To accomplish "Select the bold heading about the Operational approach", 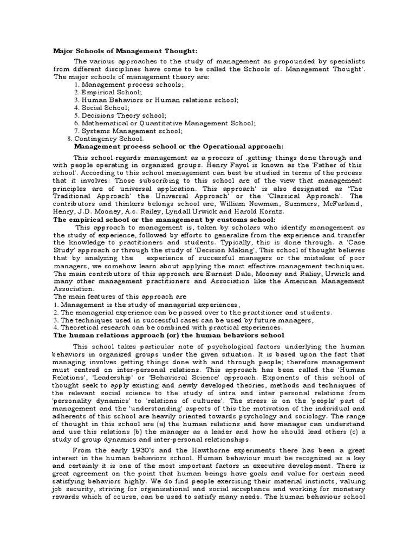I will tap(178, 146).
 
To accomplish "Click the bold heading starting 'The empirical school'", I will tap(157, 221).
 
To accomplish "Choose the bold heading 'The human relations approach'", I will tap(168, 335).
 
